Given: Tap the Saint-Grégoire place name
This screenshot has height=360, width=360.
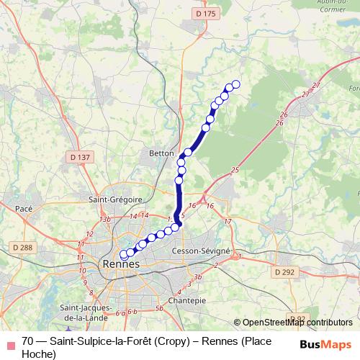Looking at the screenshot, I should (x=114, y=199).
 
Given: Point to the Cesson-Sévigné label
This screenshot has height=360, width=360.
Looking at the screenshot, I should (x=201, y=251).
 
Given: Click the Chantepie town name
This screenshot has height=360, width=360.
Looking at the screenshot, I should (x=181, y=299).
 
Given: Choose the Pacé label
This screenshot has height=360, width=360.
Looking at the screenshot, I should (x=26, y=208).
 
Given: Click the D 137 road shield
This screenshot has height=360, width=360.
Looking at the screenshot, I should (x=80, y=157).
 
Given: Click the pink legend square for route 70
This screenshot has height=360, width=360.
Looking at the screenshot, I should (x=9, y=341).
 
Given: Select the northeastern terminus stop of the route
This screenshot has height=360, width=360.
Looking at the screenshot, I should (x=235, y=85).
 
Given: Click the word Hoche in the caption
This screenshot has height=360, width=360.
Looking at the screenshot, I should (x=38, y=354).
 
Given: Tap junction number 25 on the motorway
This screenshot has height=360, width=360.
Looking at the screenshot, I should (x=235, y=170).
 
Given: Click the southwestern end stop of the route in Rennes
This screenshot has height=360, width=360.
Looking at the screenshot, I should (x=123, y=254).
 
